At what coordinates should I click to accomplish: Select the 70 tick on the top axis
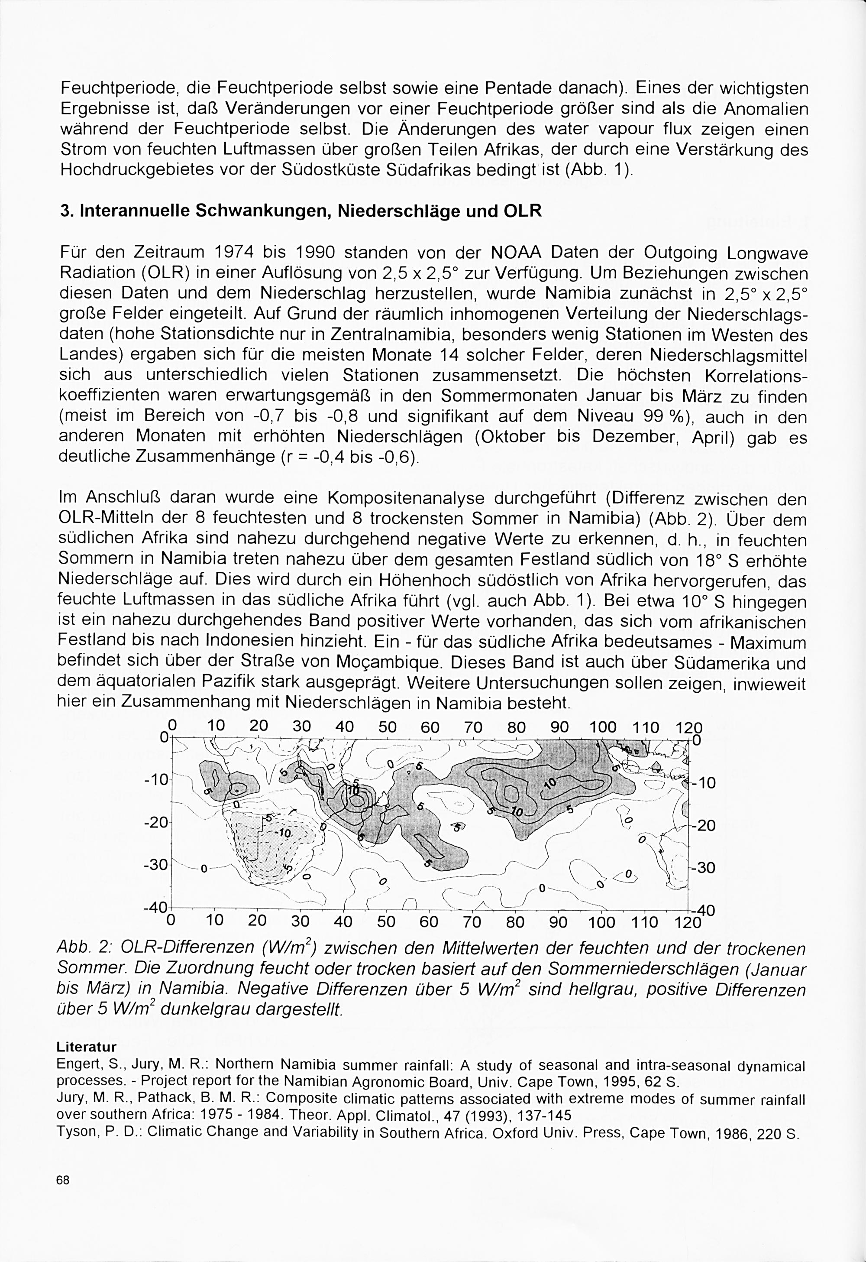pos(474,727)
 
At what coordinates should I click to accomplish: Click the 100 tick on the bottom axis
pos(602,921)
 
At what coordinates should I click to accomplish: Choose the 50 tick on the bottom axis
pos(386,921)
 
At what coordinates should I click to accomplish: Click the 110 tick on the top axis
pos(646,727)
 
